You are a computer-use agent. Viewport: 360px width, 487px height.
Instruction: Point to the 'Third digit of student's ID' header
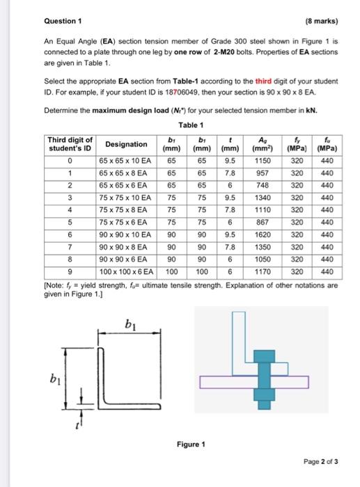(x=69, y=144)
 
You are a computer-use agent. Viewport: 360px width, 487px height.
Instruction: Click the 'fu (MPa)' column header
(x=324, y=144)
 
